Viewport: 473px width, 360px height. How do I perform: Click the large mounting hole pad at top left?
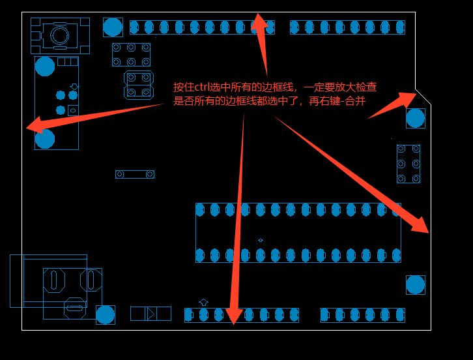click(113, 27)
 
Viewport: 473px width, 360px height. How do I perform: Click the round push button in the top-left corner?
click(60, 34)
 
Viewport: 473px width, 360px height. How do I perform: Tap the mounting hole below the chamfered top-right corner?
click(415, 118)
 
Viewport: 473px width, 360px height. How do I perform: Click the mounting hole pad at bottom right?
click(415, 284)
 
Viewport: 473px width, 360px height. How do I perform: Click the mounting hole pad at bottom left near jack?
click(106, 314)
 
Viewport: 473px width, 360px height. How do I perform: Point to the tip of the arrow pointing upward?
click(259, 14)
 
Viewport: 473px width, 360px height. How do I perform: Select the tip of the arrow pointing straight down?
click(234, 323)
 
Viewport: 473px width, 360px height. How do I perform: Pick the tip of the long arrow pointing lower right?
click(427, 232)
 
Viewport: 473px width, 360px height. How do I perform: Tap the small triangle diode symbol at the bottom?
click(151, 314)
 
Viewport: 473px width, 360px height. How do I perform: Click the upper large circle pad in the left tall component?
click(45, 67)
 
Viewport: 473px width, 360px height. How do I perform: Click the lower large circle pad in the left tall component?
click(45, 138)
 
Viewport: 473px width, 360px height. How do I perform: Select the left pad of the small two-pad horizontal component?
click(120, 174)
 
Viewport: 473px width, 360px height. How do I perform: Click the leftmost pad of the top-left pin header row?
click(134, 27)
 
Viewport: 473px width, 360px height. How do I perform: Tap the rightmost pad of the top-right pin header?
click(399, 27)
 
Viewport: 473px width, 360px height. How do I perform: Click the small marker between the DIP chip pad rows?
click(261, 240)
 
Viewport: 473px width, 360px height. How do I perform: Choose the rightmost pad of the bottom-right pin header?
click(399, 315)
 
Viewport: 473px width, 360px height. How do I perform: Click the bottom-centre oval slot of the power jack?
click(75, 307)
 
